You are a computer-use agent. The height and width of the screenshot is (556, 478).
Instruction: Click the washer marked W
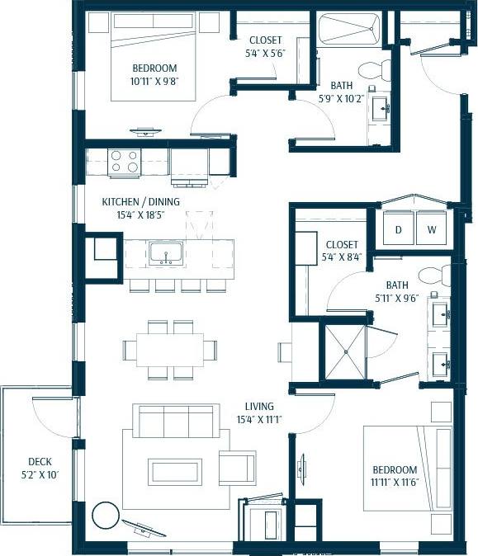431,229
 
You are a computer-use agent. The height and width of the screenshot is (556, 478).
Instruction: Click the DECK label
40,462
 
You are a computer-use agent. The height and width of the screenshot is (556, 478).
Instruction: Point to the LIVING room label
260,407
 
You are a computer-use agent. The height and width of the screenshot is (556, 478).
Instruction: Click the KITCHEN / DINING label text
140,201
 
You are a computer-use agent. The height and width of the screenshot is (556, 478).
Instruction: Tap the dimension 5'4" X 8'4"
341,257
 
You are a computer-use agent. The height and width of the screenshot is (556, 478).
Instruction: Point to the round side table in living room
105,517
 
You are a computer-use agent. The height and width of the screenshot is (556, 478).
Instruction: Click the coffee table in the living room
175,471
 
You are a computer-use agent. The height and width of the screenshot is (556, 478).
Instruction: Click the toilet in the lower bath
431,276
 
